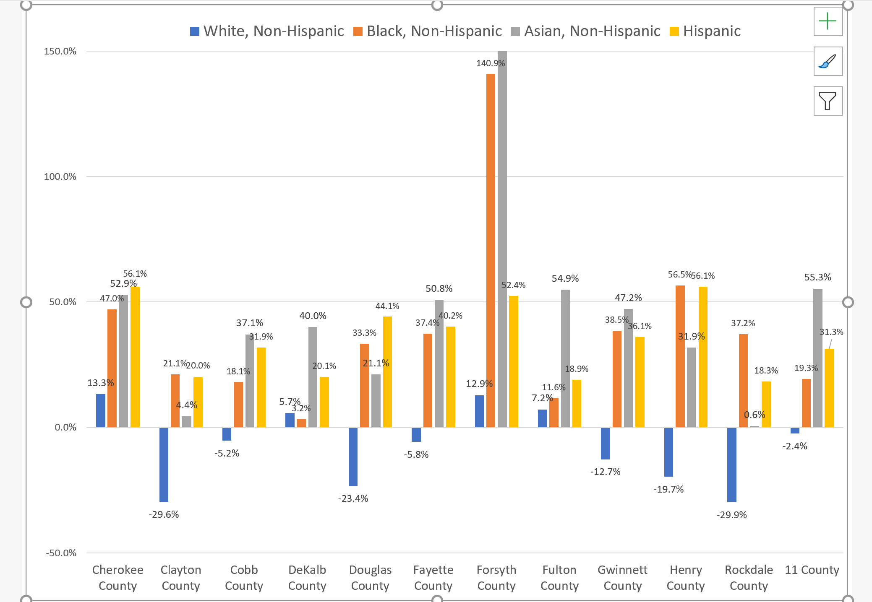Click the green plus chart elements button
point(828,21)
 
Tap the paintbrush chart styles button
point(828,62)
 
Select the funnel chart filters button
point(828,101)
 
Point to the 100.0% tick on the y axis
point(60,177)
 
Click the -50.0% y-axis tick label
point(61,553)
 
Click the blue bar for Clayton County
point(164,464)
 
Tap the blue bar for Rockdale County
point(731,464)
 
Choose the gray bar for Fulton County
point(565,358)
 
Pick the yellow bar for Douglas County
point(387,372)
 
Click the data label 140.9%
point(491,63)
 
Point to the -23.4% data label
point(353,498)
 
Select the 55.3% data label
point(817,277)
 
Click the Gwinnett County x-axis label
point(622,578)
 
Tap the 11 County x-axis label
point(812,570)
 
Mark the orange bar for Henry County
point(680,356)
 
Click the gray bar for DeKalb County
point(313,377)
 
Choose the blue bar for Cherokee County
point(101,411)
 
